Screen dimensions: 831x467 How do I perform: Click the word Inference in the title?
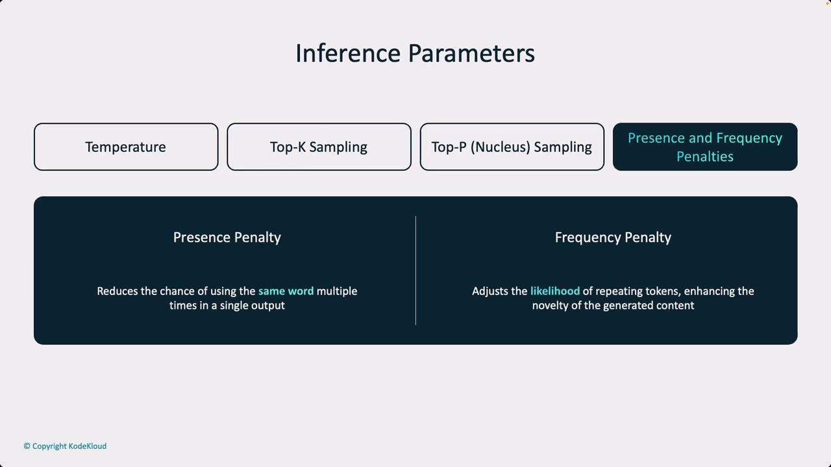pos(348,53)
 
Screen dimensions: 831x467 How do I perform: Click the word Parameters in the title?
pos(471,53)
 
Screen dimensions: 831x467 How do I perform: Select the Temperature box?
pos(126,147)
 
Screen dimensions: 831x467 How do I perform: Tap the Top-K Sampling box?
pos(319,147)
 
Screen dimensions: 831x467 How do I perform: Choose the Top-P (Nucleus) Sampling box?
pos(512,147)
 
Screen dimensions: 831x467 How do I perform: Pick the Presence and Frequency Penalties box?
pos(705,147)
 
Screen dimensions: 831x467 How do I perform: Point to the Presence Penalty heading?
pos(227,237)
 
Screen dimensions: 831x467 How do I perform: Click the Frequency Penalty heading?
pos(613,237)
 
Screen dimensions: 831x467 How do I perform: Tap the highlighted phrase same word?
pos(286,291)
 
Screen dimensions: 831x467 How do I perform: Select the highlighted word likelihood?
pos(555,291)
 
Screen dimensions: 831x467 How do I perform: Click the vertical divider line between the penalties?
pos(415,270)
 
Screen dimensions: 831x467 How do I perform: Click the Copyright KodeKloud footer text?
pos(65,446)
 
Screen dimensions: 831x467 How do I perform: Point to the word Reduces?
pos(118,291)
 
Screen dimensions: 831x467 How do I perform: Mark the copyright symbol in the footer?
pos(27,446)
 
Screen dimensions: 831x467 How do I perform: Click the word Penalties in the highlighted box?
pos(705,156)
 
